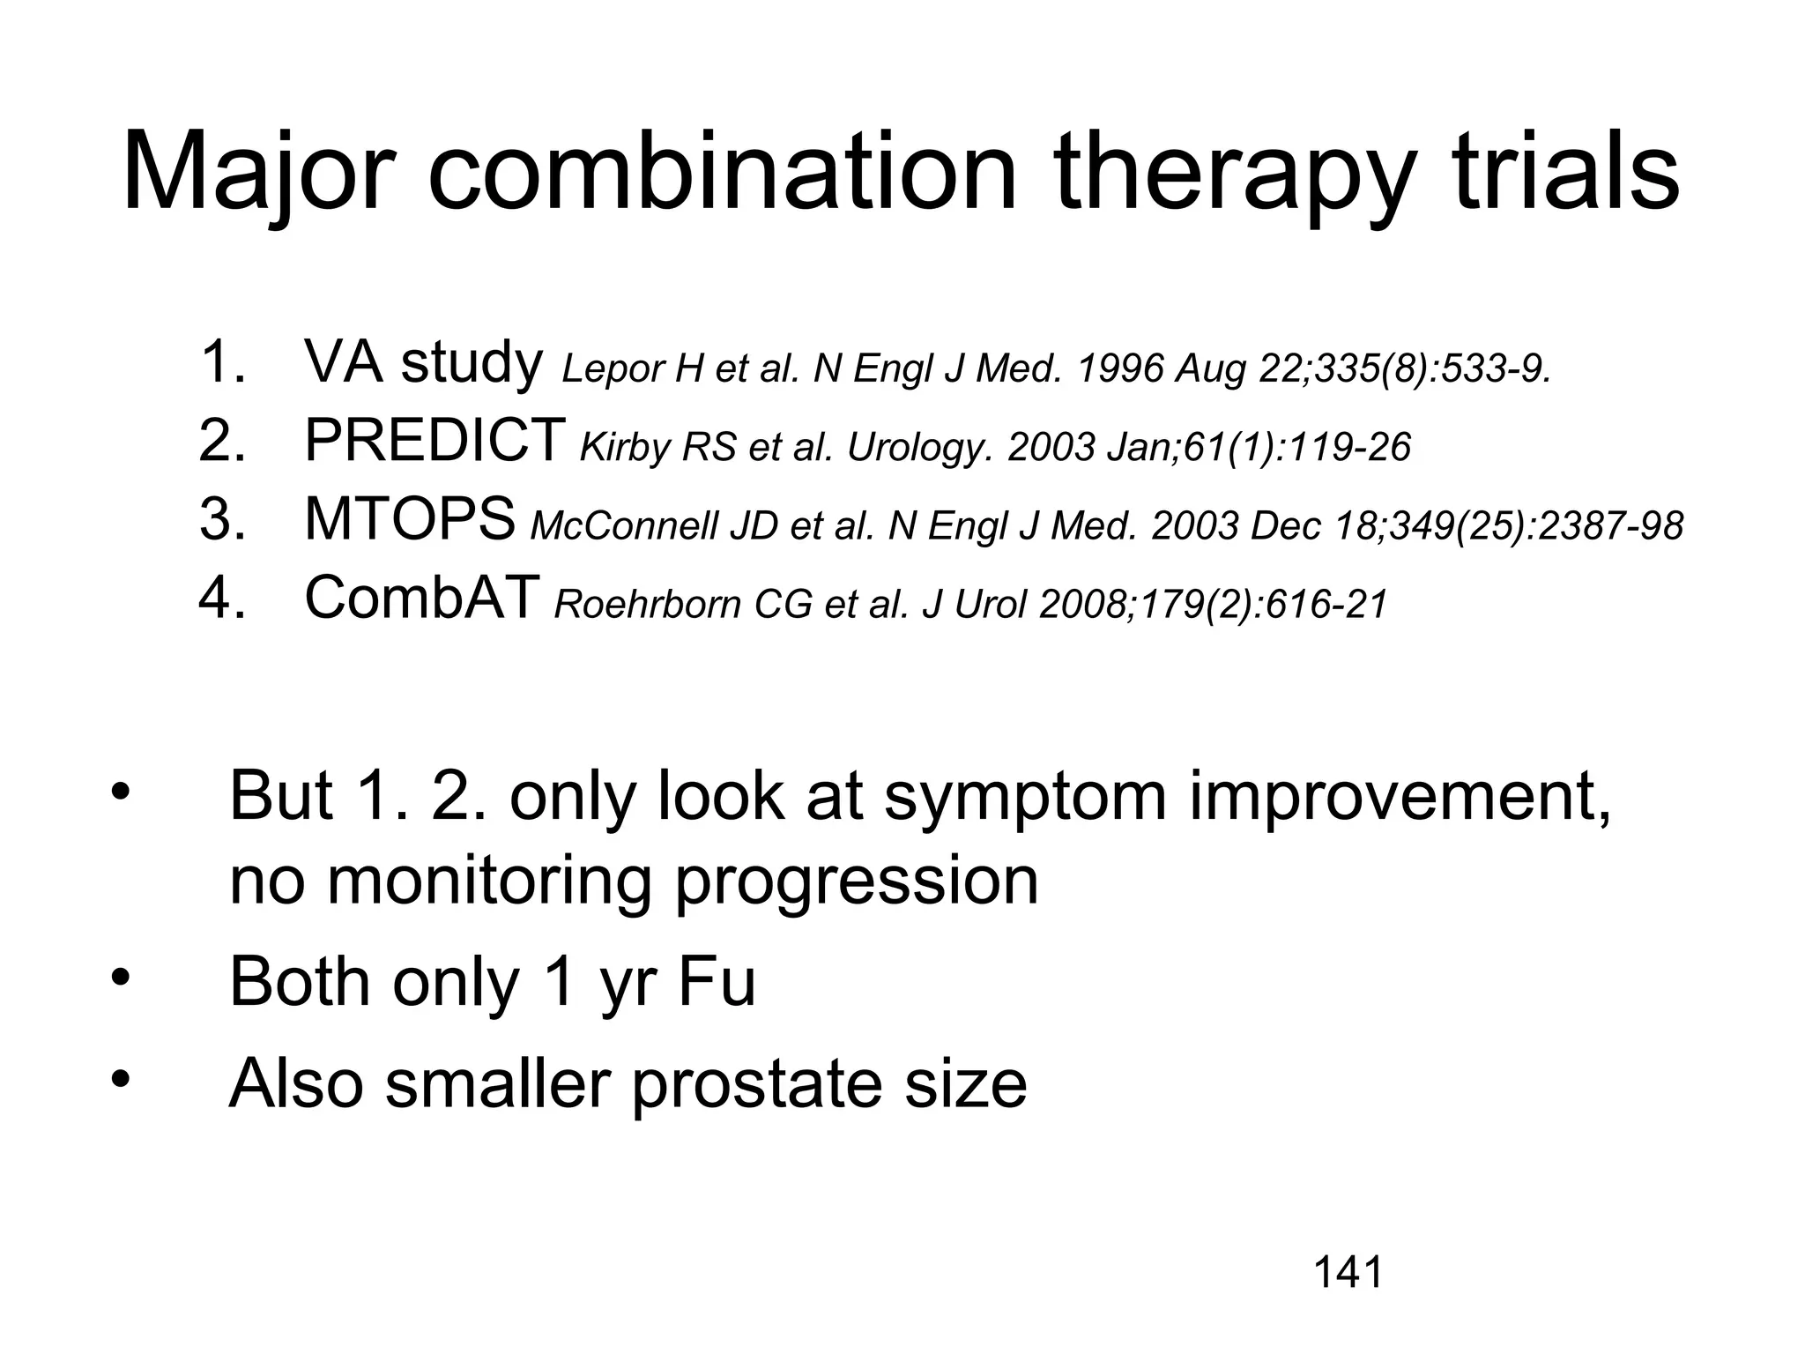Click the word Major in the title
(x=256, y=174)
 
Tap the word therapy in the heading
(x=1233, y=174)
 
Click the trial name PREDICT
(x=435, y=440)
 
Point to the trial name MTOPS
(x=410, y=519)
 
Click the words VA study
(x=423, y=362)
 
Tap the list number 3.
(x=220, y=519)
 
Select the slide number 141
(x=1348, y=1273)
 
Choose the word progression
(x=856, y=882)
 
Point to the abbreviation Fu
(x=717, y=982)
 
